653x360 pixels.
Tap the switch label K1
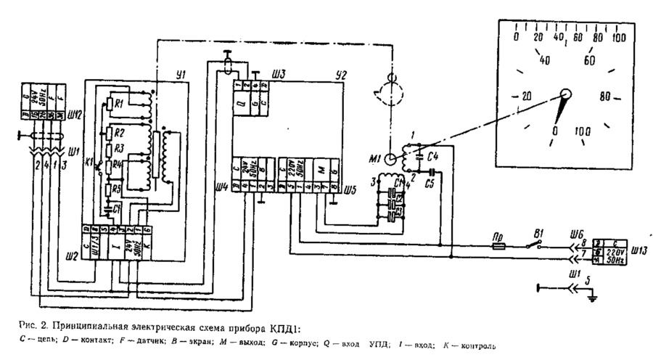[x=90, y=163]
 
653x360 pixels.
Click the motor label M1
[x=377, y=158]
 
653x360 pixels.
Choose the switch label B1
[x=538, y=234]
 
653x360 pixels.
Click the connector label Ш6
[x=578, y=234]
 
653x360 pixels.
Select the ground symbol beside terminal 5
[x=592, y=295]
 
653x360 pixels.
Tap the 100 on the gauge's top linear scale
[x=619, y=37]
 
